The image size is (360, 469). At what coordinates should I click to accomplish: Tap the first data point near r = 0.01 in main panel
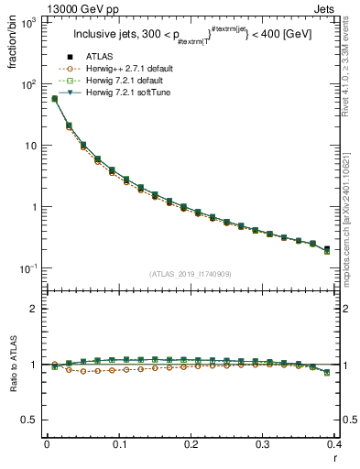pos(54,99)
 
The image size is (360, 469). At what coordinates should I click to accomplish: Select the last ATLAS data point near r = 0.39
pos(327,248)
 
